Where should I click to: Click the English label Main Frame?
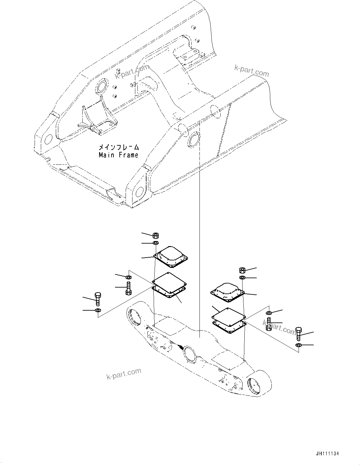coord(118,155)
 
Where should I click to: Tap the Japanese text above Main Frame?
coord(118,147)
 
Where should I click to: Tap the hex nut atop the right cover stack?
coord(242,270)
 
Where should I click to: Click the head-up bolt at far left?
coord(98,299)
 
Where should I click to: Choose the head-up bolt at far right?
coord(298,334)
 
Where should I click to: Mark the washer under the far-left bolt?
coord(98,310)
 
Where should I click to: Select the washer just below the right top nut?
coord(242,278)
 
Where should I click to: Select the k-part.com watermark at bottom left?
coord(123,373)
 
